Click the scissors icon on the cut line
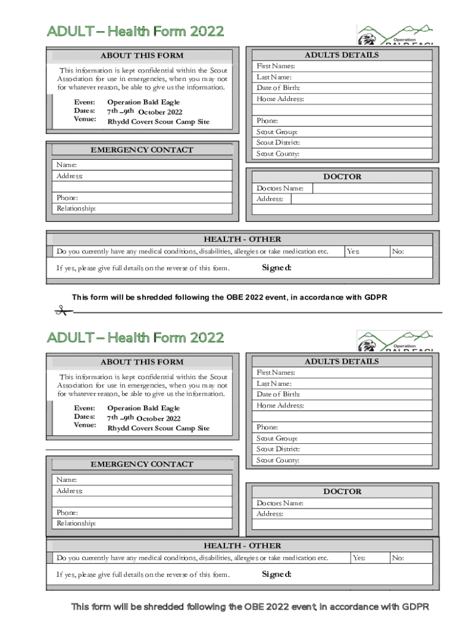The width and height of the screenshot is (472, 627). (61, 311)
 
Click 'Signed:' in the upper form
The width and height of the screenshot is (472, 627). (276, 268)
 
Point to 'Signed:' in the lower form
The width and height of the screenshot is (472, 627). (276, 574)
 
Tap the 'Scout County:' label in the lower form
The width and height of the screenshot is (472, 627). (278, 460)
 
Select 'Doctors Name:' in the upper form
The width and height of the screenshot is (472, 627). (280, 189)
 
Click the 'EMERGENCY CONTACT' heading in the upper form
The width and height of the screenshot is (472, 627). (142, 150)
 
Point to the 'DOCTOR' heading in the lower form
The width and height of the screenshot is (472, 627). (342, 492)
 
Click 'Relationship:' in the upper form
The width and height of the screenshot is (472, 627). (76, 209)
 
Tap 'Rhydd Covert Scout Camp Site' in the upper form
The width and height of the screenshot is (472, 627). (158, 122)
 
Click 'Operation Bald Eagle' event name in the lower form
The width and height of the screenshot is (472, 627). (143, 408)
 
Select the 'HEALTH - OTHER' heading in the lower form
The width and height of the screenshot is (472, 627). (242, 546)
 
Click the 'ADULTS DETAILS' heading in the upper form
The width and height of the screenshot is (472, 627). (341, 55)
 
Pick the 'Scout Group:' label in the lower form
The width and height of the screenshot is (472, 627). (277, 438)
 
